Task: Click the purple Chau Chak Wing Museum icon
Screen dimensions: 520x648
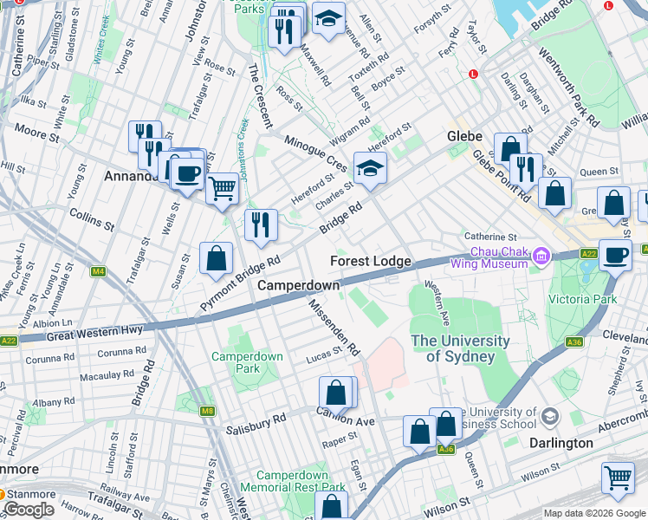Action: click(x=542, y=255)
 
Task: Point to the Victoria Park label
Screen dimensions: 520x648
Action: click(x=582, y=299)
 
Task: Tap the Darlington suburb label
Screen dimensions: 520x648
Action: click(x=561, y=443)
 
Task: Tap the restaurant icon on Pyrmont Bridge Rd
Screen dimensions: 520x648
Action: click(x=261, y=224)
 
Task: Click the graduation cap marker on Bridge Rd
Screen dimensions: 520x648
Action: click(x=370, y=168)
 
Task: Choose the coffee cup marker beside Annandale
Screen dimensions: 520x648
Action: click(x=186, y=172)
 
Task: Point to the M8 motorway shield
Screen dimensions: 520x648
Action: click(x=206, y=411)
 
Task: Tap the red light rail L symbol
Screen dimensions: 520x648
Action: click(x=473, y=75)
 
